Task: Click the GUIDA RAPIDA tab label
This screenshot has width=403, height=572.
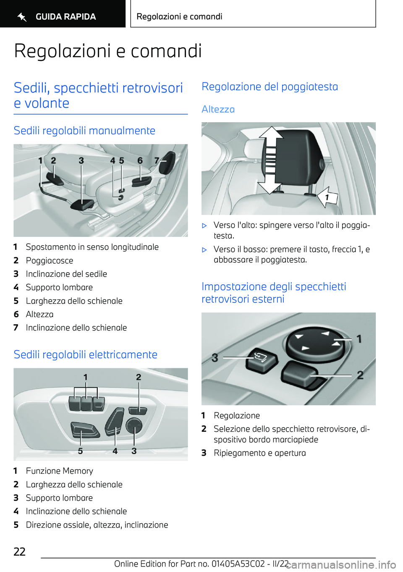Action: click(65, 17)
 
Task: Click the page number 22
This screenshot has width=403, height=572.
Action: click(20, 551)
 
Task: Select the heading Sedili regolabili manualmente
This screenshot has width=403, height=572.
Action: click(84, 131)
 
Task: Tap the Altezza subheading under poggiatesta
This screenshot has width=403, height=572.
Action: click(218, 109)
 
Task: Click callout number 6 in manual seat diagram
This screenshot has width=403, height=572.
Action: click(140, 160)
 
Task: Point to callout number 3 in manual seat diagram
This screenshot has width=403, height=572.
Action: click(81, 160)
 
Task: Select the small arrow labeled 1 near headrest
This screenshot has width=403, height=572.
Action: click(327, 197)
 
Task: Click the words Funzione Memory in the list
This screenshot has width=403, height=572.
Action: click(60, 471)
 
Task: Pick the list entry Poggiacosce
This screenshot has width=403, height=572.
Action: click(50, 261)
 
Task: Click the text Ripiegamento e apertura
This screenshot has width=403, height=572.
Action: click(259, 453)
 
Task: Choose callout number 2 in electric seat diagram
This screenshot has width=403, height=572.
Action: click(139, 377)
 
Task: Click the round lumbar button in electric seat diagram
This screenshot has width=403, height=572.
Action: click(134, 426)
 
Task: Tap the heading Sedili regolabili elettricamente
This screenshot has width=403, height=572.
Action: click(85, 354)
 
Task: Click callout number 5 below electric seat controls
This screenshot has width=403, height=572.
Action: click(80, 451)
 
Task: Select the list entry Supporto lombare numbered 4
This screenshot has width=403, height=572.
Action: click(59, 288)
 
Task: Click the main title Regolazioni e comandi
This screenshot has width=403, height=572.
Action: click(108, 51)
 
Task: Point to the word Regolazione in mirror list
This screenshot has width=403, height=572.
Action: click(236, 416)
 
